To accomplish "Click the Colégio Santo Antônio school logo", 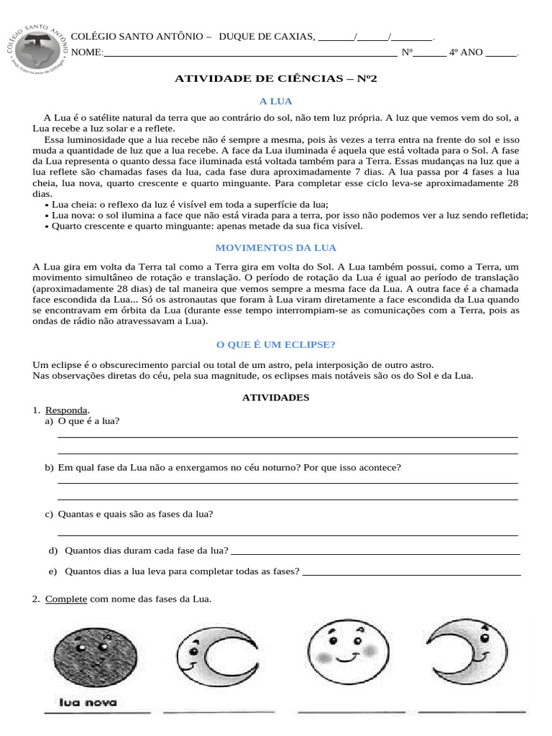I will pos(40,45).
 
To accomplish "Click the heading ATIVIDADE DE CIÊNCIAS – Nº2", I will pos(276,78).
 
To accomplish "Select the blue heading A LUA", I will pos(276,101).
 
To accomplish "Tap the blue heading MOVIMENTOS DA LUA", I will pos(276,248).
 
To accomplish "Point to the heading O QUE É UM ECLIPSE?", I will pos(276,344).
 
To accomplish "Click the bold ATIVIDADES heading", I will pos(276,397).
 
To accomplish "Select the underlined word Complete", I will pos(66,599).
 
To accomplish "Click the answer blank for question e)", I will pos(411,573).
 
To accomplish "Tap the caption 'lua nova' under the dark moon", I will pos(88,703).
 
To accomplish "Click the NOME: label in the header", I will pos(88,52).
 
